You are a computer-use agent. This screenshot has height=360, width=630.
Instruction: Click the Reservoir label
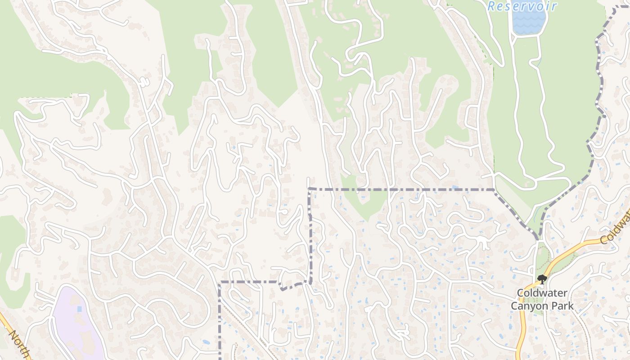[x=522, y=6]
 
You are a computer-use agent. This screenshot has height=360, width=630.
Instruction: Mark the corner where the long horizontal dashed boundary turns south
[x=310, y=189]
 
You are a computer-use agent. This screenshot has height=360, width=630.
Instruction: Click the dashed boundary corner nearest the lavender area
[x=220, y=283]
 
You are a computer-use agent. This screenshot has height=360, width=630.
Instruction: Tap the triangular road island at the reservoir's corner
[x=513, y=36]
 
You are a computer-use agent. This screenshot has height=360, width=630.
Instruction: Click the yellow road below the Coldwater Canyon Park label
[x=522, y=333]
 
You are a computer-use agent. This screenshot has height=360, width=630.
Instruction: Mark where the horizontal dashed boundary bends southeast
[x=494, y=190]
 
